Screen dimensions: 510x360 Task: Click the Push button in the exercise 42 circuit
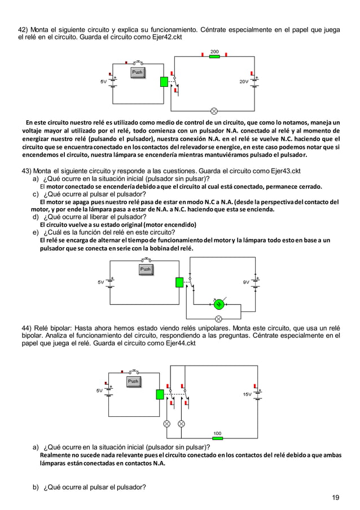[137, 72]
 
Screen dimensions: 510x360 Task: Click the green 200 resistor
[214, 58]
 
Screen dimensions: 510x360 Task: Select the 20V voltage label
[244, 82]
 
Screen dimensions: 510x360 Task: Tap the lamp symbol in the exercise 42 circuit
[214, 110]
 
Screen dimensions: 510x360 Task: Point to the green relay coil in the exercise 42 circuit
[164, 81]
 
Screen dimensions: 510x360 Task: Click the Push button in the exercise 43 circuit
[146, 270]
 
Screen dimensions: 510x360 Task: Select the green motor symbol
[218, 305]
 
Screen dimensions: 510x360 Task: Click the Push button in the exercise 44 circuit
[133, 381]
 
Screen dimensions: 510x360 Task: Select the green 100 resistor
[217, 438]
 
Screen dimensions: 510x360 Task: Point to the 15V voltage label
[247, 394]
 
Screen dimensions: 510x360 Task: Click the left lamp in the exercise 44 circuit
[167, 423]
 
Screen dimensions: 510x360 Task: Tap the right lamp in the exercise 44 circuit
[182, 423]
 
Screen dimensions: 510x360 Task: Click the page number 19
[336, 497]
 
